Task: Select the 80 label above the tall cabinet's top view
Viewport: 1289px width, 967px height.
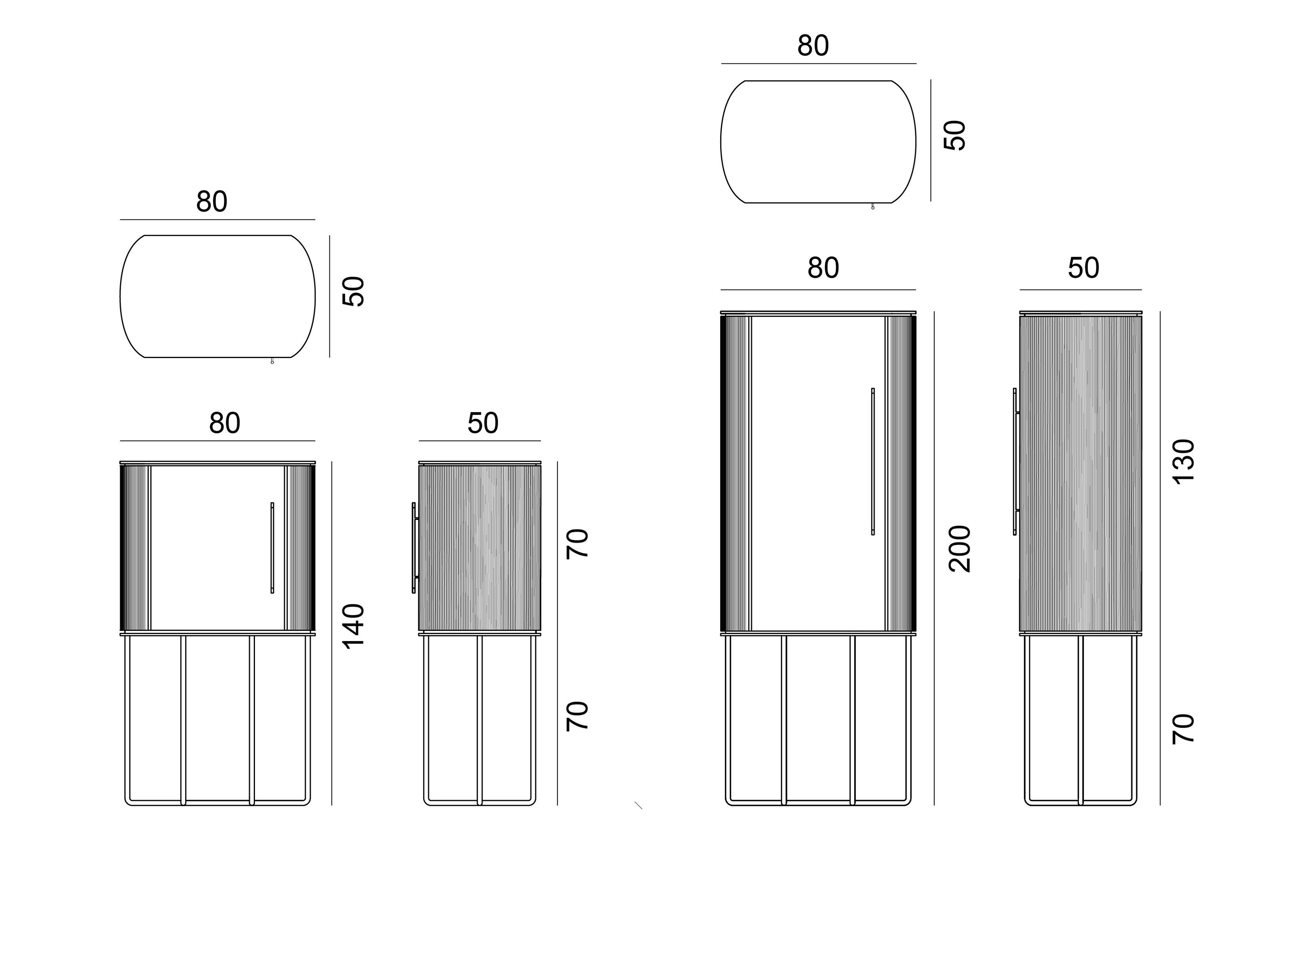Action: click(x=813, y=46)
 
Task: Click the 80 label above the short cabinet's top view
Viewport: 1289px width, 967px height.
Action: click(x=211, y=202)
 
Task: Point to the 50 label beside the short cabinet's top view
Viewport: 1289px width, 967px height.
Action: click(x=353, y=291)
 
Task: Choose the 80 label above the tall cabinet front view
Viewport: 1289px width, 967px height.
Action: click(x=823, y=268)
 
